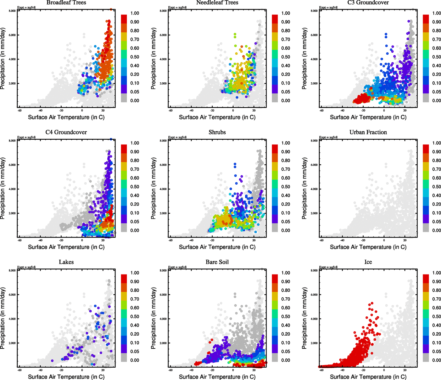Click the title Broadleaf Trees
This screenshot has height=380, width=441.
66,3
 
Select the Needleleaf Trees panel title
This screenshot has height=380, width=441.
217,3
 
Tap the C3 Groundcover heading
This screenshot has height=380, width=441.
368,3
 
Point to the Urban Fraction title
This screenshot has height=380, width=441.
368,132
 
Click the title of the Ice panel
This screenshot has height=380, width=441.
368,262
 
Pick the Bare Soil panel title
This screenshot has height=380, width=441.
217,262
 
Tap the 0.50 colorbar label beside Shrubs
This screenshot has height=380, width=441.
286,187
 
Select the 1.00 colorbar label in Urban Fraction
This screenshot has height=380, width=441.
437,143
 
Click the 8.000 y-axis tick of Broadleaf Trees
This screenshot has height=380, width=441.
12,11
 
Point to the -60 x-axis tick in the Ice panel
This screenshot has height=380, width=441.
321,370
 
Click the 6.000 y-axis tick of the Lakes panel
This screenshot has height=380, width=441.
12,295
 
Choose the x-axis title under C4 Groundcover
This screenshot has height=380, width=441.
66,247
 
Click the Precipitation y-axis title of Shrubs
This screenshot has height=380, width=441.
154,189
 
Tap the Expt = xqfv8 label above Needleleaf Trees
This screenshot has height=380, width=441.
177,7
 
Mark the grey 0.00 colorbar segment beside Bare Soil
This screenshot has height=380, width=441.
275,358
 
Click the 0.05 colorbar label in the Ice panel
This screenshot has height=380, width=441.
437,351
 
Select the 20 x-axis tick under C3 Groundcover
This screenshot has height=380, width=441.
405,110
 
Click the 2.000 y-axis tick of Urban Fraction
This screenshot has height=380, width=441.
314,213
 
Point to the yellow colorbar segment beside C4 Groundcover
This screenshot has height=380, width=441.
124,166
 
